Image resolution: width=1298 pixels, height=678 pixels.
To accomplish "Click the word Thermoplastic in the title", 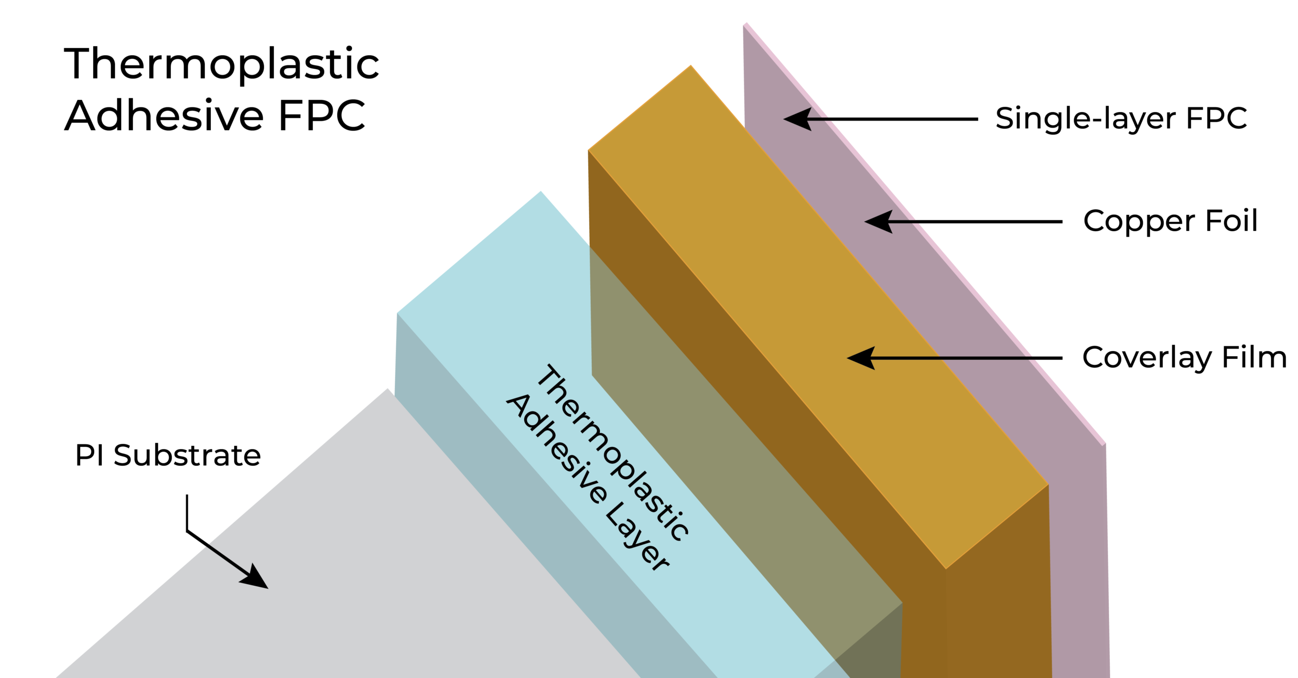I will pos(222,64).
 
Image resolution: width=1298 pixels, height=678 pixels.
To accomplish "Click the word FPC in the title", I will pos(321,116).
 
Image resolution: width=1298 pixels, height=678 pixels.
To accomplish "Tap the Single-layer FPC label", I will pos(1121,119).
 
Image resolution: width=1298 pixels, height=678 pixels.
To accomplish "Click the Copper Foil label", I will pos(1170,221).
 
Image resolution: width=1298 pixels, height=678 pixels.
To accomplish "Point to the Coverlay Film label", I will pos(1184,357).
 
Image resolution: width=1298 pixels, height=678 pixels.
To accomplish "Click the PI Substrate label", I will pos(168,455).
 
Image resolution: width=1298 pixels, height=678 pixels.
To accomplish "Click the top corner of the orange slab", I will pos(690,66).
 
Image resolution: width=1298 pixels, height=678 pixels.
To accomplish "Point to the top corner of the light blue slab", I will pos(540,192).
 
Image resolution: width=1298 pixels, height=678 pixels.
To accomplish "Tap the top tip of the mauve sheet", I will pos(745,23).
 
